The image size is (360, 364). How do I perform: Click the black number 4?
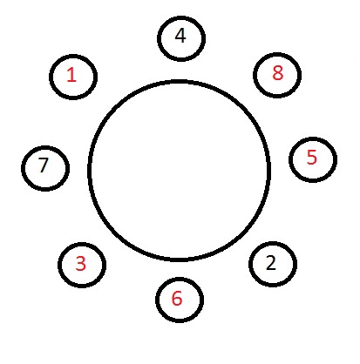(x=180, y=36)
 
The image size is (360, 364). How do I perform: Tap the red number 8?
(x=277, y=73)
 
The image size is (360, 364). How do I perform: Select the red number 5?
(x=312, y=157)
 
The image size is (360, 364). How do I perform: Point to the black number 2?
(x=271, y=263)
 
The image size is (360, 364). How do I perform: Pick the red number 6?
(x=177, y=298)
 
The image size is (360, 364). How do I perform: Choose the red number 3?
(x=81, y=264)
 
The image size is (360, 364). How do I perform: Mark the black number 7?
(x=43, y=165)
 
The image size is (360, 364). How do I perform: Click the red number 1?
(x=71, y=74)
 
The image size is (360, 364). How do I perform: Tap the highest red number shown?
(x=277, y=73)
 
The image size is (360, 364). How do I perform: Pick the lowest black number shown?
(x=271, y=263)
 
